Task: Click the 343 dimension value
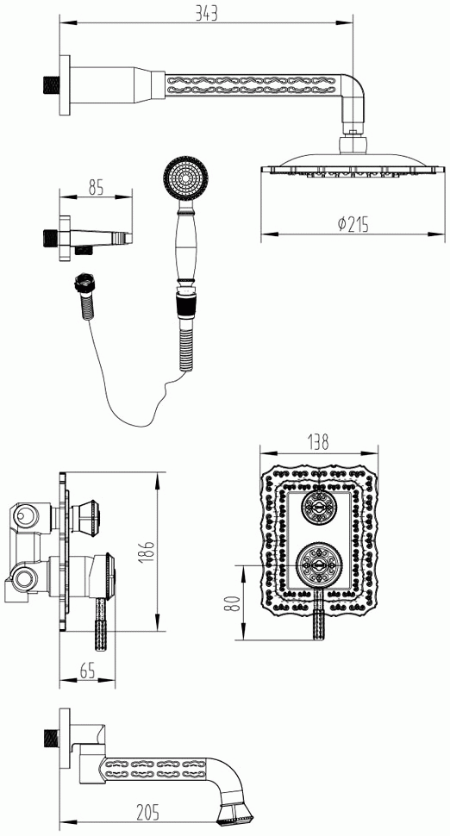206,13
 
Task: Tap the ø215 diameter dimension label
353,224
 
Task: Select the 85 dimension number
96,187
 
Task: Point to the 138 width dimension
318,441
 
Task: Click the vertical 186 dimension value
149,552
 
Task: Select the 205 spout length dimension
147,813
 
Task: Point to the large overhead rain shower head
353,164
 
